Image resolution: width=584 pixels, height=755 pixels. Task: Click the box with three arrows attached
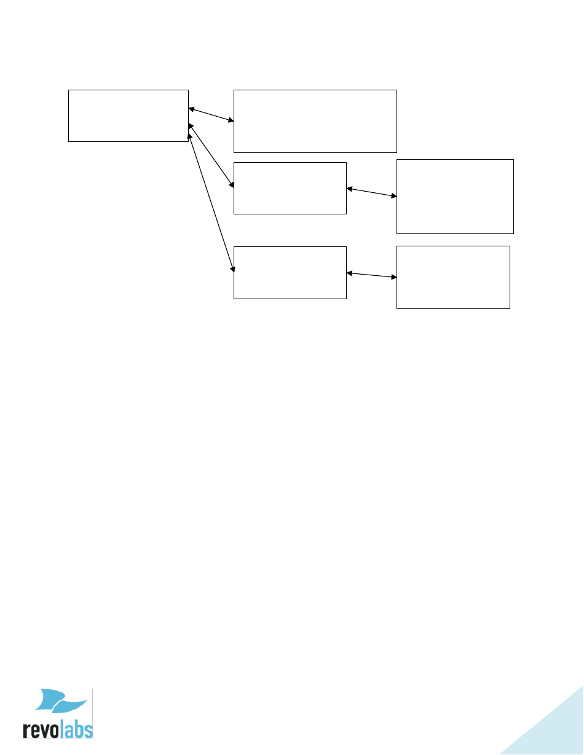tap(128, 115)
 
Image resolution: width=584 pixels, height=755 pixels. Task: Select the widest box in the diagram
tap(315, 121)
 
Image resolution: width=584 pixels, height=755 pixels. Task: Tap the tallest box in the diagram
tap(455, 196)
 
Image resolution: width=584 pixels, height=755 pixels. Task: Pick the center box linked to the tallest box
tap(290, 188)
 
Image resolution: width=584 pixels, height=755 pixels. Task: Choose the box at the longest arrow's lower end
tap(290, 272)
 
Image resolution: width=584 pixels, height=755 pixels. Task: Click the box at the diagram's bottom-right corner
tap(453, 276)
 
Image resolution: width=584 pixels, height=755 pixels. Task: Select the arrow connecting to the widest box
tap(211, 115)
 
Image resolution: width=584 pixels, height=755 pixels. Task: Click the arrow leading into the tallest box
tap(372, 192)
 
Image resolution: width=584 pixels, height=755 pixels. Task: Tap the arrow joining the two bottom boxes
tap(372, 275)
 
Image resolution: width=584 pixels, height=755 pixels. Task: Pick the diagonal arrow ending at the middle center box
tap(211, 155)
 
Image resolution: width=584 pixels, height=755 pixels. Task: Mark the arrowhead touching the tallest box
tap(393, 195)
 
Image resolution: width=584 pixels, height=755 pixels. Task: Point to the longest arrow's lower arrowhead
tap(232, 268)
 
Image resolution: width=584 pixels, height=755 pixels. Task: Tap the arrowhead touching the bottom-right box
tap(393, 277)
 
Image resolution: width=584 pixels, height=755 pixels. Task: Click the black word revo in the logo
tap(41, 729)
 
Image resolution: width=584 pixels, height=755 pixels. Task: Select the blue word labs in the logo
tap(76, 729)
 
